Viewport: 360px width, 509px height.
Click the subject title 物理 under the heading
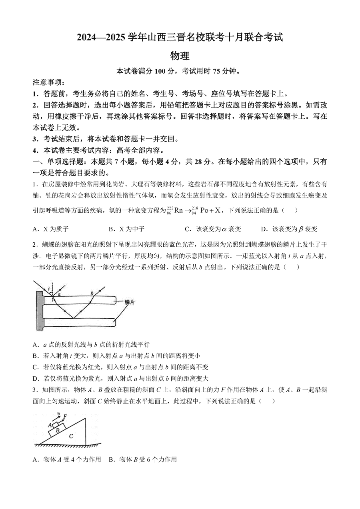tap(180, 56)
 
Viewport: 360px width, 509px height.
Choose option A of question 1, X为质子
tap(51, 229)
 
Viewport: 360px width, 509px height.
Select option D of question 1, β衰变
tap(289, 229)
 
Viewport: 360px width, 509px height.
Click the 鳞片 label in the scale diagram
tap(129, 302)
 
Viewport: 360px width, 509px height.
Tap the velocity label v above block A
tap(59, 414)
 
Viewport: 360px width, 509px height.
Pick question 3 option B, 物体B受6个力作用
tap(142, 459)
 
